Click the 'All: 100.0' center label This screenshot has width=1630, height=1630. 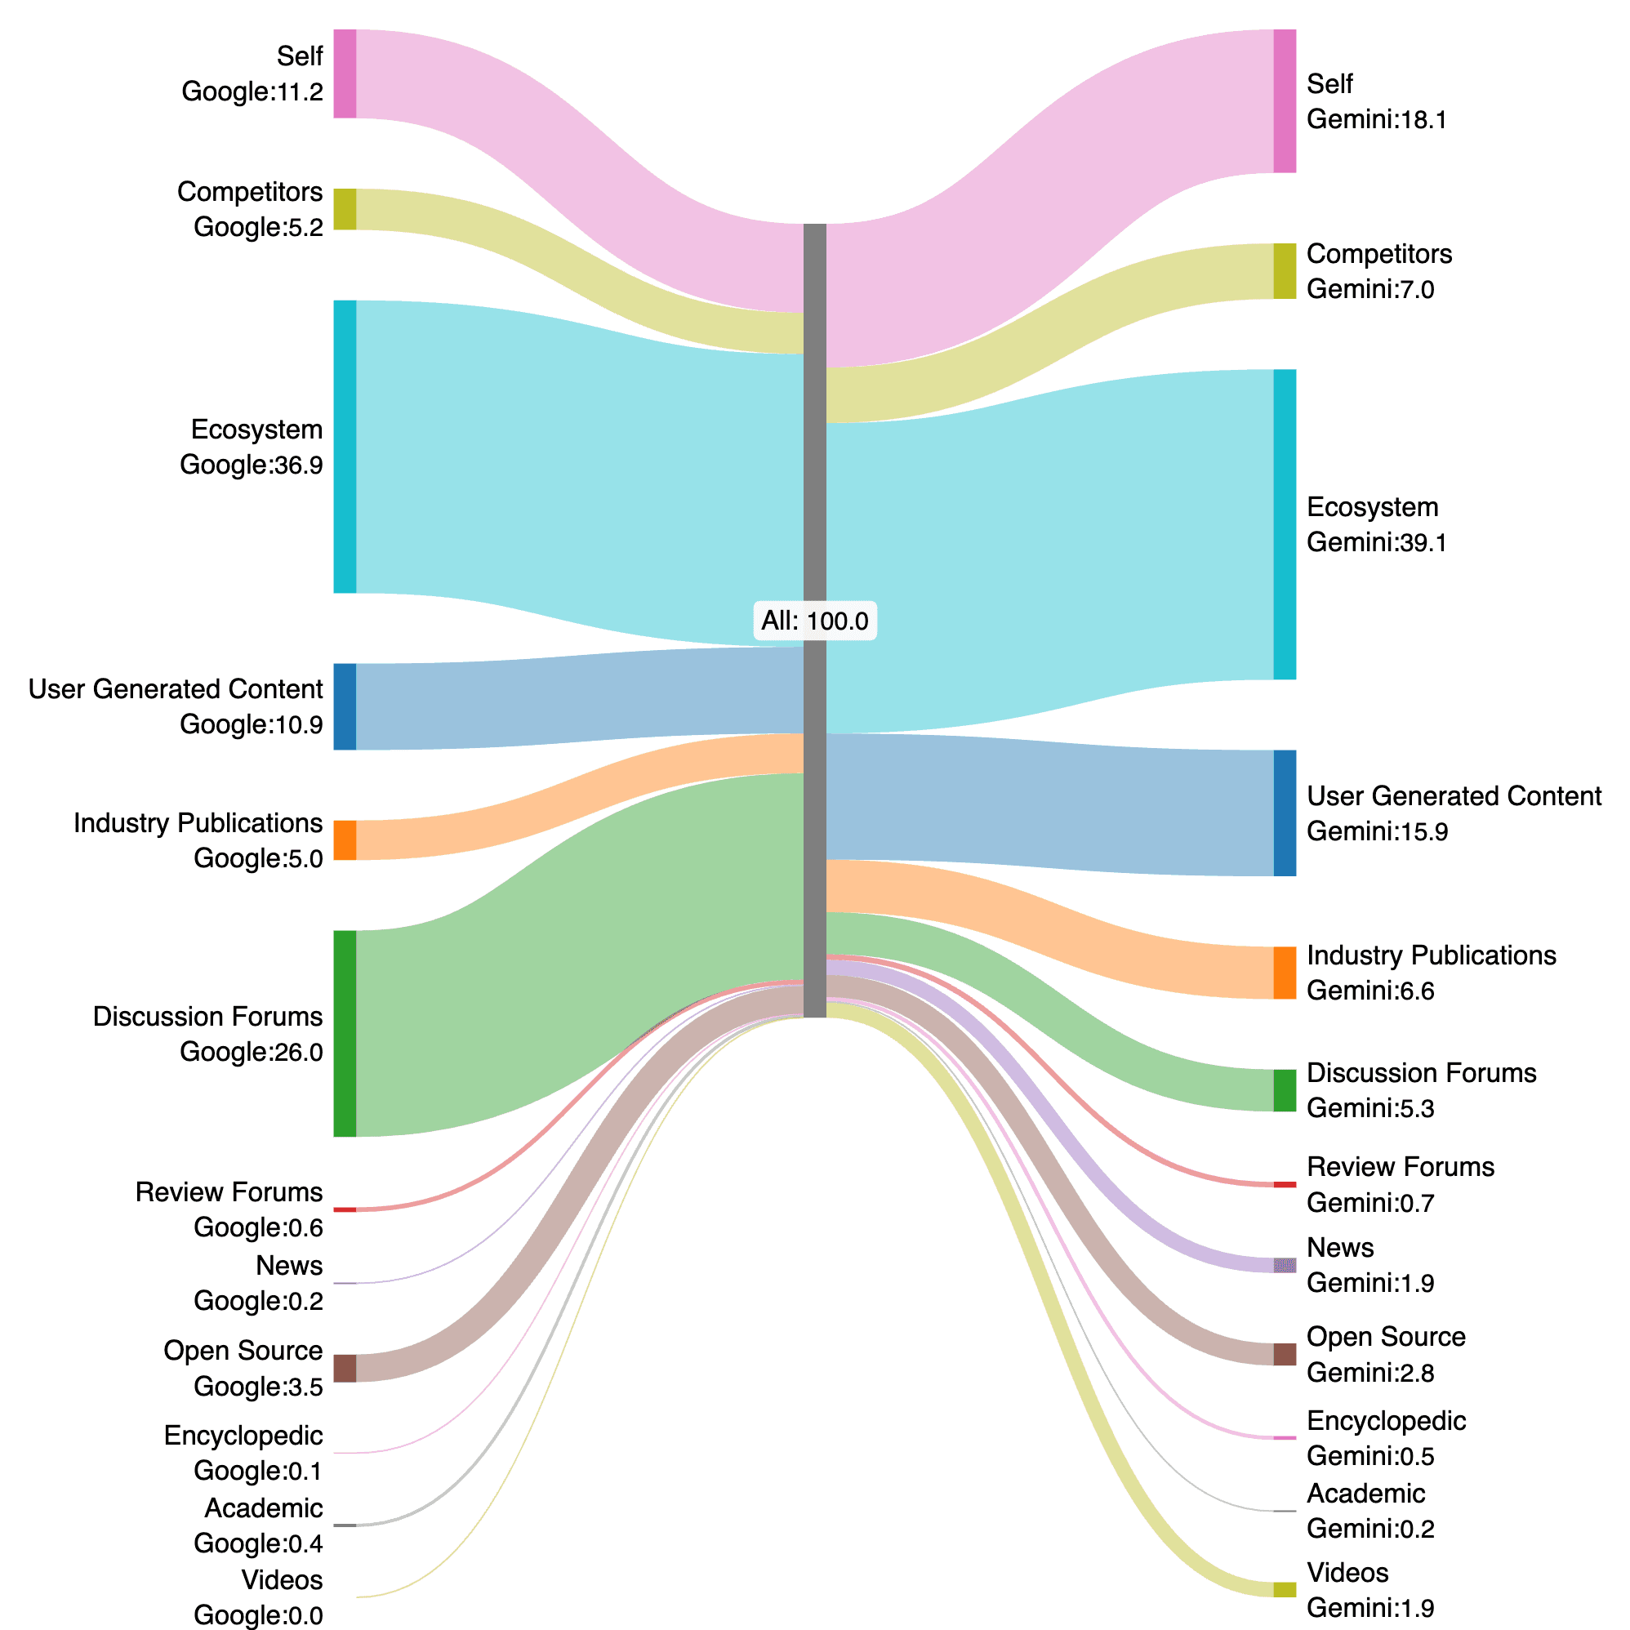coord(814,621)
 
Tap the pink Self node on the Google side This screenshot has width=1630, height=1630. coord(345,73)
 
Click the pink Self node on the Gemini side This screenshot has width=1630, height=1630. coord(1284,101)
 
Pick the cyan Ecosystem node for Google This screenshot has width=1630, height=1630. coord(345,447)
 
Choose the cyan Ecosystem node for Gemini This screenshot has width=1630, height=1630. coord(1284,524)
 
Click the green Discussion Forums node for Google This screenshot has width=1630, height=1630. coord(345,1034)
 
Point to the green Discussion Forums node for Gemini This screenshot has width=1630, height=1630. coord(1284,1090)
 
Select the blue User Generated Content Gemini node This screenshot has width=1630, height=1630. coord(1284,813)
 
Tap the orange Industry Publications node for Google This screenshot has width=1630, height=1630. coord(345,840)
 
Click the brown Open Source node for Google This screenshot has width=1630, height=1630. coord(345,1368)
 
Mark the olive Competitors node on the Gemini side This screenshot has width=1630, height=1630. coord(1284,271)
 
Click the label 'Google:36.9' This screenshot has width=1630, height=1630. coord(251,465)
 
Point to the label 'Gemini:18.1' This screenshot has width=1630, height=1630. coord(1376,120)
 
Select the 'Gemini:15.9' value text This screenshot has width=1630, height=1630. coord(1376,832)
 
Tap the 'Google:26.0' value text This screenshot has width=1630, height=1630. coord(251,1052)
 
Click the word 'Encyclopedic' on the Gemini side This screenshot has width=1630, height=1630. coord(1385,1421)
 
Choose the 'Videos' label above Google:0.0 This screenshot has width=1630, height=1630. coord(282,1579)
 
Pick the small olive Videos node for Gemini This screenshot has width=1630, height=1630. coord(1284,1589)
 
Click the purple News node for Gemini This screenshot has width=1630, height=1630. coord(1284,1266)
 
